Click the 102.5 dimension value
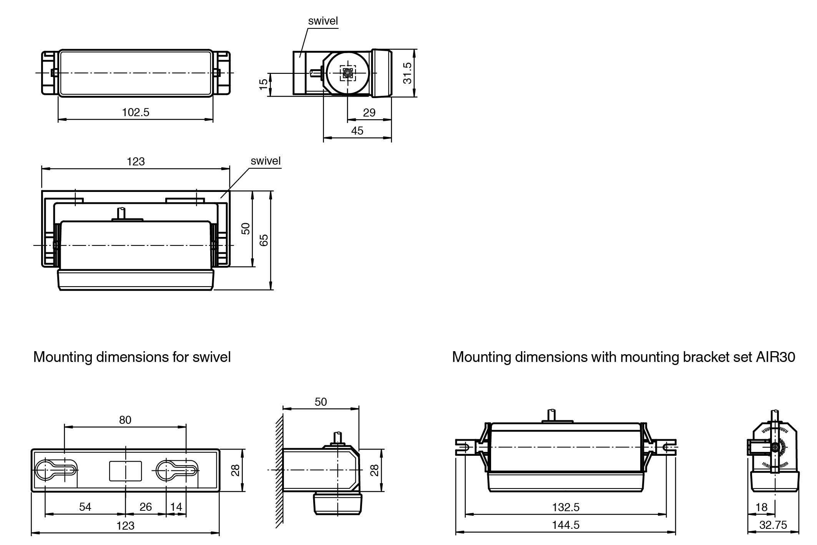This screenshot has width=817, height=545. click(x=135, y=112)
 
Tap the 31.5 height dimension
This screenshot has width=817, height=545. click(x=408, y=73)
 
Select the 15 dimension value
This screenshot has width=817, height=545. click(x=263, y=84)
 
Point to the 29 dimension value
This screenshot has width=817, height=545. click(x=369, y=113)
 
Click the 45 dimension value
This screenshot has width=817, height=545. click(x=357, y=131)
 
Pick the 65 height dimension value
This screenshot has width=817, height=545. click(x=264, y=240)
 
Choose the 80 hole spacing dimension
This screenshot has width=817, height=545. click(x=125, y=420)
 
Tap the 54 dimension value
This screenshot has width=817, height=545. click(x=85, y=507)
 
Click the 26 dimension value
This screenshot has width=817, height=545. click(x=146, y=507)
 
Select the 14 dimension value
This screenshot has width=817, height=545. click(x=176, y=507)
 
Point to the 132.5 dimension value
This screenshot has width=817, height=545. click(x=566, y=507)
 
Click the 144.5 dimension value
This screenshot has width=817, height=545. click(x=566, y=525)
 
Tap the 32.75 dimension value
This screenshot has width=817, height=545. click(x=773, y=525)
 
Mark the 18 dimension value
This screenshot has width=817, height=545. click(x=761, y=507)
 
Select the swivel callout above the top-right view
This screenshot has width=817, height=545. click(x=323, y=21)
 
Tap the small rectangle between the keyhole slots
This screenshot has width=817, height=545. click(x=125, y=471)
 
